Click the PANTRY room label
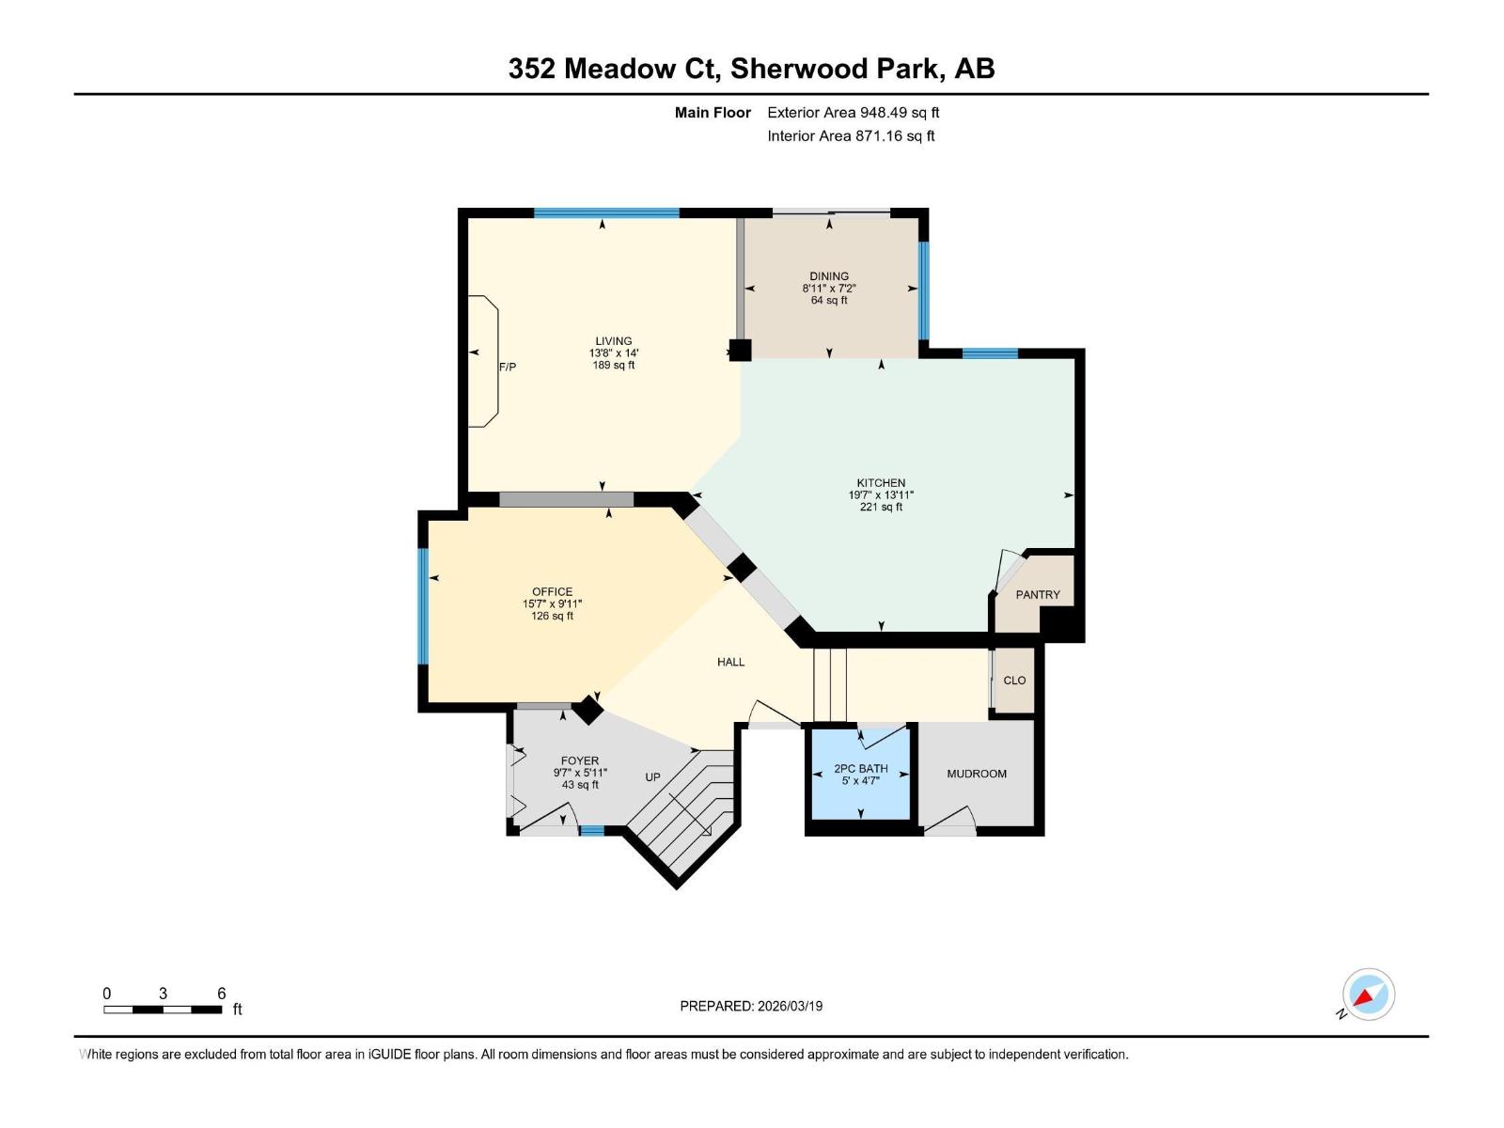click(x=1038, y=594)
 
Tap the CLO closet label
click(x=1014, y=680)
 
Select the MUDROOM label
click(x=977, y=774)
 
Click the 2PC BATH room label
click(x=860, y=768)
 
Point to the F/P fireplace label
click(x=508, y=367)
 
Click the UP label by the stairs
click(x=652, y=776)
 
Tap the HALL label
click(x=730, y=662)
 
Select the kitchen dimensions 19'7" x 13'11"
click(x=881, y=494)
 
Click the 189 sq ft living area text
click(x=614, y=365)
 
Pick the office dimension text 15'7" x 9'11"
click(x=553, y=603)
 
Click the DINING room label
click(x=829, y=276)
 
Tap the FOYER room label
click(x=580, y=761)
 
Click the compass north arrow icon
click(x=1368, y=995)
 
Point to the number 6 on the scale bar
click(x=222, y=994)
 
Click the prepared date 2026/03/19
click(x=789, y=1006)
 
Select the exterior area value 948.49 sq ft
click(x=900, y=112)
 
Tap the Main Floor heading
click(x=713, y=112)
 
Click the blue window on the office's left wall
click(x=423, y=605)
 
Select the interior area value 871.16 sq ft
click(x=894, y=135)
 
